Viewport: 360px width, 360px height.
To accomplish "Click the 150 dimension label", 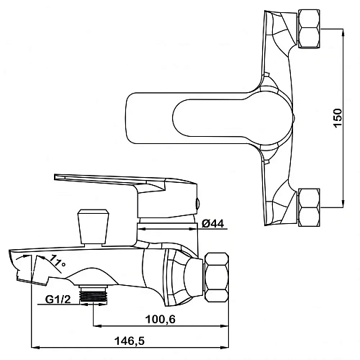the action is (x=338, y=118).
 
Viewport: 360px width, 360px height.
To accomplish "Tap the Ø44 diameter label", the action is (x=213, y=224).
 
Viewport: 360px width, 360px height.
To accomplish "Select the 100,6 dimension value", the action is (x=161, y=320).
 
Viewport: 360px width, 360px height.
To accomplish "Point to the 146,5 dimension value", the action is (x=130, y=341).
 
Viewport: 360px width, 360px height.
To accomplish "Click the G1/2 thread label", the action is (x=58, y=300).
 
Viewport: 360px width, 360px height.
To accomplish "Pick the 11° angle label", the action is (x=57, y=261).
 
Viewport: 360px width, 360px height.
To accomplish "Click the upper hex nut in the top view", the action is (x=309, y=29).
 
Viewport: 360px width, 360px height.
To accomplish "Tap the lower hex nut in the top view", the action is (x=309, y=207).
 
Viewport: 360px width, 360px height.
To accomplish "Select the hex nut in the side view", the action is (x=216, y=276).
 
